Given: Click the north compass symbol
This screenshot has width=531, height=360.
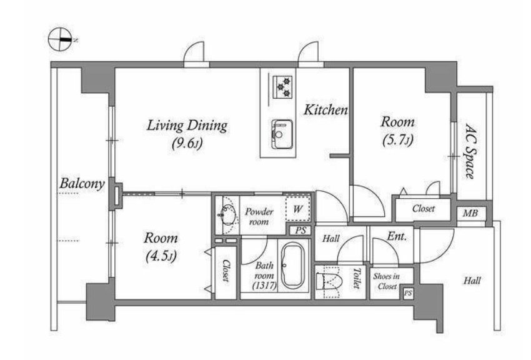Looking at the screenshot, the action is point(60,40).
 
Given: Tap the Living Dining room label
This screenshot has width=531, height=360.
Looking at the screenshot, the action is point(187,134).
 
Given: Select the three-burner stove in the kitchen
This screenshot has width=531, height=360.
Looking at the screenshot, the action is point(282,87).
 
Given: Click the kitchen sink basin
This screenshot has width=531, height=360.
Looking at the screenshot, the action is point(282,134).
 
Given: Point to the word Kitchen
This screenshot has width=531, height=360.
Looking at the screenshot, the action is point(325,110).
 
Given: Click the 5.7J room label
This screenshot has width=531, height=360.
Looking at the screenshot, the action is point(397,131).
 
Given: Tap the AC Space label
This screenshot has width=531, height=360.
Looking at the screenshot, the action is point(470,151).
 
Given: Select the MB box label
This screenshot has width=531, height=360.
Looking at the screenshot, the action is point(470,213).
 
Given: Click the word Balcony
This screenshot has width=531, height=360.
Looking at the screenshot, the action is point(82,184).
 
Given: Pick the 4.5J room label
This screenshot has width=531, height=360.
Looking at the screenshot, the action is point(161,247).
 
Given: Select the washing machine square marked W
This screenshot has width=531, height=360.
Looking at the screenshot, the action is point(297,209).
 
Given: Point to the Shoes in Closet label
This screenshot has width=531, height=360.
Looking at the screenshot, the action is point(387,281).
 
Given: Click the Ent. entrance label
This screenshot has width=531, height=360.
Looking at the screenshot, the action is point(397,236).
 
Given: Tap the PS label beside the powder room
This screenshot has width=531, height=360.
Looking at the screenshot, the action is point(300,231).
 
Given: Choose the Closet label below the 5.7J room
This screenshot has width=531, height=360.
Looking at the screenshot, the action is point(424,208).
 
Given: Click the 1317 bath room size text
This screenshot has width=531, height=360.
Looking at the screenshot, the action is point(264,286).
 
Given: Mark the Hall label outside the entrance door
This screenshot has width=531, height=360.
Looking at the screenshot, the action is point(472,281).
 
